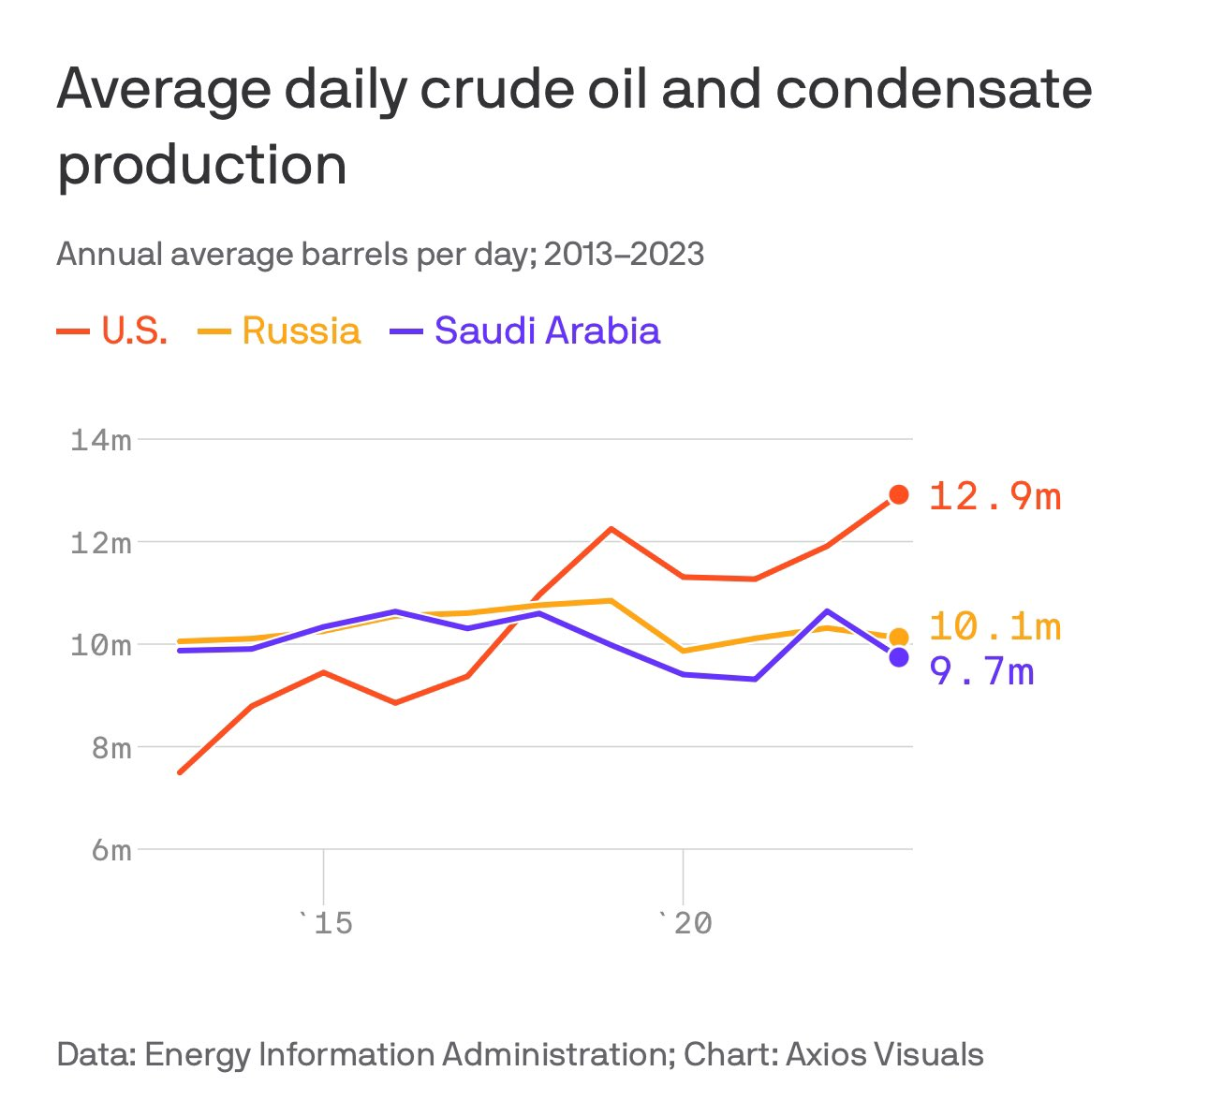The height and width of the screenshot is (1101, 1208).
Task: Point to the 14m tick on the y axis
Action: pos(101,439)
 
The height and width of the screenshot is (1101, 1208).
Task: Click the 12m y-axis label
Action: pos(101,542)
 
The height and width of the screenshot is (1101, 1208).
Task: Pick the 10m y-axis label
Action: pos(101,645)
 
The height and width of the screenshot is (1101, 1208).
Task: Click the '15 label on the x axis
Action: pos(324,924)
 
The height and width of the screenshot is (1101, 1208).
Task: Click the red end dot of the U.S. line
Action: pos(899,494)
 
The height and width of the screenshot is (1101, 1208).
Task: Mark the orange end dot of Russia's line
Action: pos(899,638)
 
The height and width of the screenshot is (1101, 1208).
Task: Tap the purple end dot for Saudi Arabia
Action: pos(899,657)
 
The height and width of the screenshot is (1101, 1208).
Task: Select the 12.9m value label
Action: pos(994,496)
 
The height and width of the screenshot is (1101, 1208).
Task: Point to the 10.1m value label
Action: pos(994,626)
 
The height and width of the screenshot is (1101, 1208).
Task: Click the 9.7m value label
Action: pos(981,671)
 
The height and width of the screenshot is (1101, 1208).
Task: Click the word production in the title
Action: pos(202,165)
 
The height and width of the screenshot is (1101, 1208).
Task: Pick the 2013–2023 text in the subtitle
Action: pos(624,254)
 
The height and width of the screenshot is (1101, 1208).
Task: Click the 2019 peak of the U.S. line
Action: pos(611,529)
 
